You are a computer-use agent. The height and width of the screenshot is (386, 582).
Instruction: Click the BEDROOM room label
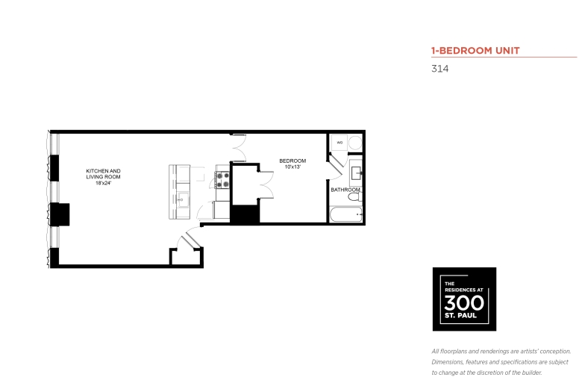(292, 161)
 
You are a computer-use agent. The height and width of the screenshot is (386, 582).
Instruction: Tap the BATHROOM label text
(345, 190)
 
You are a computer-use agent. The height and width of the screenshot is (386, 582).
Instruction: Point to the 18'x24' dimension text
(104, 183)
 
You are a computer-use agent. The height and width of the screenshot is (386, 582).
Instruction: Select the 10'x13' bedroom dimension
(292, 166)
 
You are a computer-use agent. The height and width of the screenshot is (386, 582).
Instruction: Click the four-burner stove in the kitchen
(222, 180)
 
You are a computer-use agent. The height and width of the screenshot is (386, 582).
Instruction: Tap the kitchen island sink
(183, 200)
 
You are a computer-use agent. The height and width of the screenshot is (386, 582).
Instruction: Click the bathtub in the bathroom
(345, 215)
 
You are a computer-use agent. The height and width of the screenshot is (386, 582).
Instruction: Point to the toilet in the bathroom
(355, 196)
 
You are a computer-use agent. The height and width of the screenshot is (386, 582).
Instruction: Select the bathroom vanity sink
(356, 172)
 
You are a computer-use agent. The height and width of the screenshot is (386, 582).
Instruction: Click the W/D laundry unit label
(339, 143)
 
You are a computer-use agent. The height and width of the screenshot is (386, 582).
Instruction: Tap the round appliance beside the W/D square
(356, 143)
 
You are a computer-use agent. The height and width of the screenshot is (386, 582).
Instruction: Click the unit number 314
(439, 69)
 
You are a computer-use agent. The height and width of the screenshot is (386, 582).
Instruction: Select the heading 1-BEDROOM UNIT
(475, 51)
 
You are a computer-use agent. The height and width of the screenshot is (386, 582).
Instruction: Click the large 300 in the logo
(464, 303)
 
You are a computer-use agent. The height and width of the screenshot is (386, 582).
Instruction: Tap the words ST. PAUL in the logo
(460, 315)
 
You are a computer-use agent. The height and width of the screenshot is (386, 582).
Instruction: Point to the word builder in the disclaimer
(531, 373)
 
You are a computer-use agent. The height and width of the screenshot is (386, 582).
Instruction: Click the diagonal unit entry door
(193, 239)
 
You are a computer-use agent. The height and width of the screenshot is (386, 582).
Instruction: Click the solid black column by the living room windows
(60, 214)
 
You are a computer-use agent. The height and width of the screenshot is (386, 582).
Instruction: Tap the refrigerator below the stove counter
(221, 210)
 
